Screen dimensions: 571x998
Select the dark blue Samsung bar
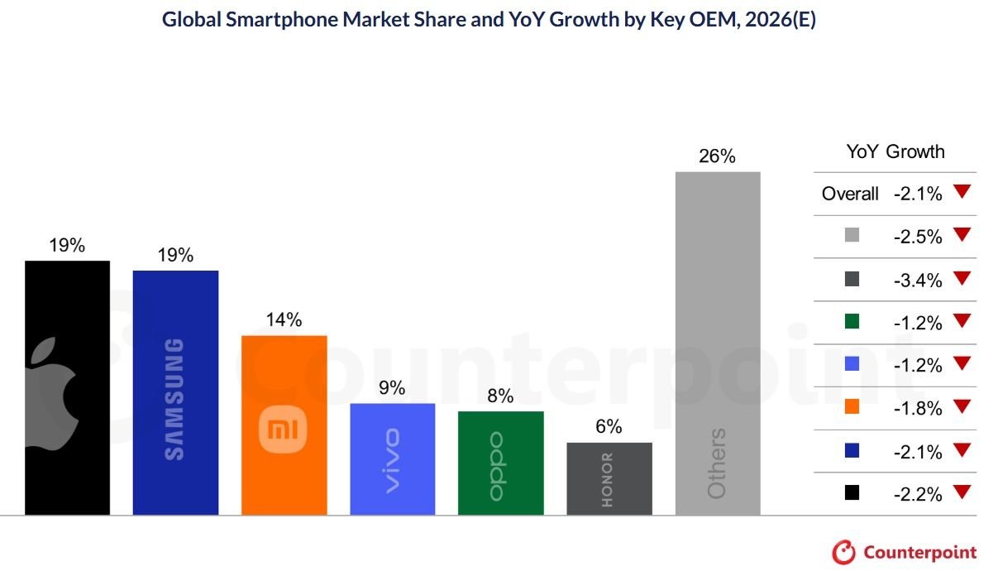pos(175,392)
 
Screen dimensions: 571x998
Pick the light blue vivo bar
pos(392,458)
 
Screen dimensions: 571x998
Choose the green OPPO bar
pos(500,463)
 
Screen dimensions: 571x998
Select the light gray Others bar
pos(717,343)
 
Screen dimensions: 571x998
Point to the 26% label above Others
pos(717,156)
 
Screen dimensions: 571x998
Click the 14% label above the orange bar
pos(284,320)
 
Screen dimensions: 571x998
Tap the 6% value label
pos(609,427)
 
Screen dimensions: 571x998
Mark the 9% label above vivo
pos(392,388)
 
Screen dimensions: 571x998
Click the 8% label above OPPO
pos(500,396)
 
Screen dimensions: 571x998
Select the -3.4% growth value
pos(918,281)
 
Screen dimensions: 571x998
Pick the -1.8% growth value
pos(918,408)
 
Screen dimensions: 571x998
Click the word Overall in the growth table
pos(850,194)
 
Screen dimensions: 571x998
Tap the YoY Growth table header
pos(895,151)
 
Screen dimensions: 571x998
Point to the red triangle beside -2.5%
pos(960,235)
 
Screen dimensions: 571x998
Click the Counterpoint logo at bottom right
pos(905,552)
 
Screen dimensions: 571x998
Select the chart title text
pos(489,21)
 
